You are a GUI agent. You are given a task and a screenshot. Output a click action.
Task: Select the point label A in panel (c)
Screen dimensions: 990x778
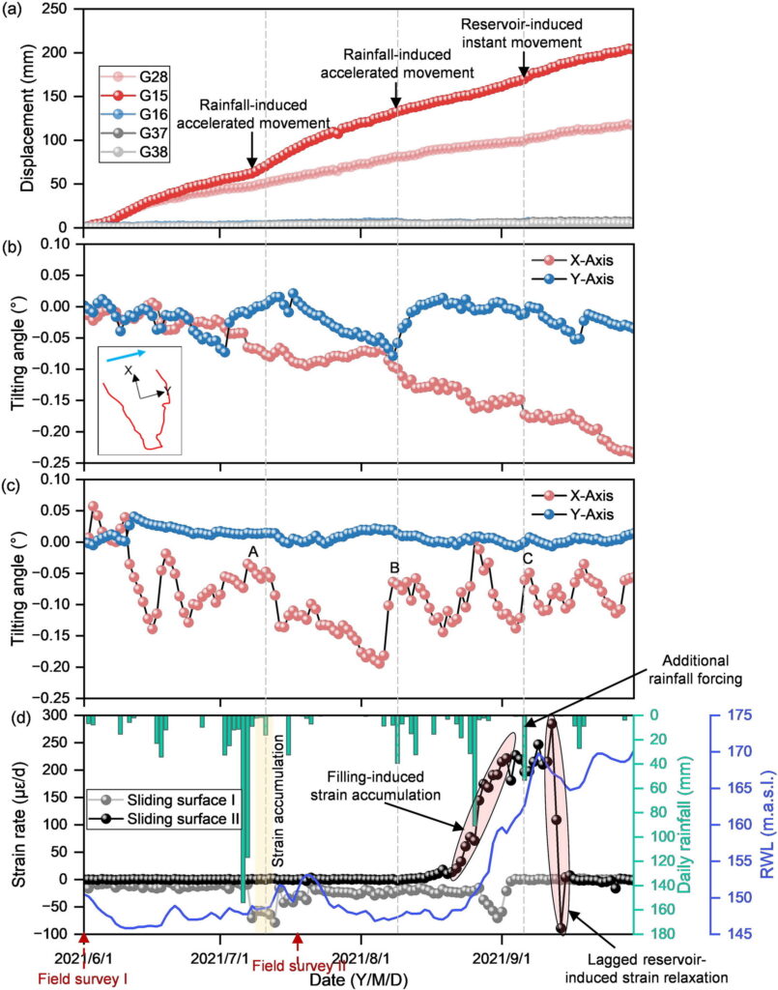(x=252, y=551)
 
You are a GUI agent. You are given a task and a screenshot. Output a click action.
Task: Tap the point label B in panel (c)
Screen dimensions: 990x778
(x=394, y=567)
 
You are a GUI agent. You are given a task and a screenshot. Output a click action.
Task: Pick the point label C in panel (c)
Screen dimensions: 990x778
(x=527, y=559)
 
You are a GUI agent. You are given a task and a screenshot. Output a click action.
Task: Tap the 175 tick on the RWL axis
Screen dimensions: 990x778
(x=731, y=715)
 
